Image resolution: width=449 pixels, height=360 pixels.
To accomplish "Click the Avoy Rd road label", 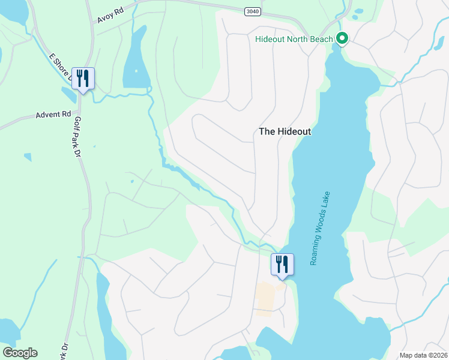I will coord(113,15).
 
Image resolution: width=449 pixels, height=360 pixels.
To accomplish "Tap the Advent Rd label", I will coord(53,114).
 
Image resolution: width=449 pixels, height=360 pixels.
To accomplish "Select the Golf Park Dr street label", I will coord(76,136).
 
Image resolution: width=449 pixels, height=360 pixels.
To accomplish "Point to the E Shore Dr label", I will coord(60,67).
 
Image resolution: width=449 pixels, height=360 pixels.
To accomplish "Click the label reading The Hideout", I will coord(285,131).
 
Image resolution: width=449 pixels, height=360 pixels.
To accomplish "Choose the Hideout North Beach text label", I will coord(294,40).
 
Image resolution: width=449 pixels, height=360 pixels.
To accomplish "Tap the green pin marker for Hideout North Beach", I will coord(342,40).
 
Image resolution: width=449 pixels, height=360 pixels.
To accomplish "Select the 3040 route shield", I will coord(253,11).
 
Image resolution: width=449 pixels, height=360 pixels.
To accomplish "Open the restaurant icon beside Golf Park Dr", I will coord(82,79).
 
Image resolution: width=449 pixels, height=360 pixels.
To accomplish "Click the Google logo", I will coord(20,352).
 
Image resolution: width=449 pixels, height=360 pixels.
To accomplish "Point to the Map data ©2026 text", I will coord(423,355).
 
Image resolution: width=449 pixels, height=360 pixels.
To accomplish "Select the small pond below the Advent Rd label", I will coord(28,157).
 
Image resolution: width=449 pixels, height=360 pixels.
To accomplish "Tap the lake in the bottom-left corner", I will coord(9,331).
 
